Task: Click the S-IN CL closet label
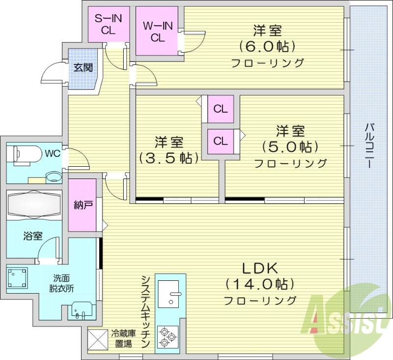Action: (108, 24)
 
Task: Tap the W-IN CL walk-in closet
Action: (157, 31)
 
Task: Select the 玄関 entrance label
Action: (83, 67)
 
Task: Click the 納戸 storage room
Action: (82, 205)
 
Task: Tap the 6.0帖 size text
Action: (267, 47)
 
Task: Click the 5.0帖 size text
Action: (290, 147)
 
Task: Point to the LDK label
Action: (260, 269)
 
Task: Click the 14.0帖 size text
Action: (260, 284)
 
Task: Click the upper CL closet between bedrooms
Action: (221, 109)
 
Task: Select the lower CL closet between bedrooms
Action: (221, 141)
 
